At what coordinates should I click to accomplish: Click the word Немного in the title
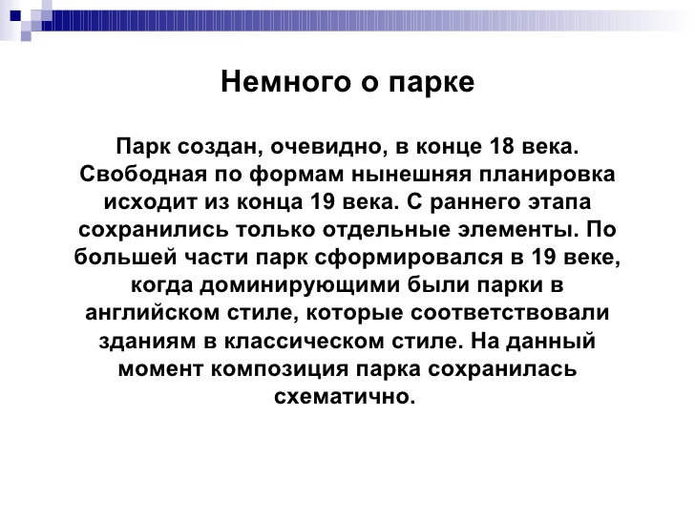click(x=286, y=82)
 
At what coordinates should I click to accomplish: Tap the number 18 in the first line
click(x=501, y=146)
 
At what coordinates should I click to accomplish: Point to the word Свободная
click(x=143, y=174)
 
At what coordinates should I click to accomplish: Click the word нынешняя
click(x=411, y=174)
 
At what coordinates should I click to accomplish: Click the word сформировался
click(x=409, y=258)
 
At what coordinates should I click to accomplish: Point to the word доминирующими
click(x=299, y=285)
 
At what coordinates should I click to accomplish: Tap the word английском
click(x=152, y=313)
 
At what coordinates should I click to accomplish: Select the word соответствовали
click(x=510, y=313)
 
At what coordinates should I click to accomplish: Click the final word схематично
click(x=345, y=397)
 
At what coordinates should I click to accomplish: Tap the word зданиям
click(x=147, y=342)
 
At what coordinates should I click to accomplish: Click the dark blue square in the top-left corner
click(x=15, y=16)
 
